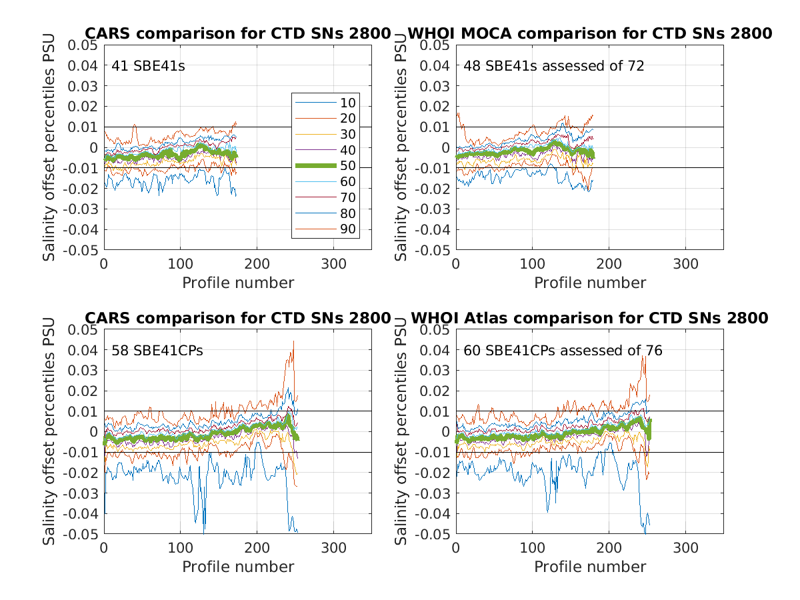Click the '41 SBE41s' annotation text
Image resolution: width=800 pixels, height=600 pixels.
tap(147, 66)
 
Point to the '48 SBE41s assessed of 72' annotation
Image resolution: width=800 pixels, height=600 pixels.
tap(554, 66)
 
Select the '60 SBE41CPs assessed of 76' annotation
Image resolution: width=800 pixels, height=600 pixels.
tap(563, 351)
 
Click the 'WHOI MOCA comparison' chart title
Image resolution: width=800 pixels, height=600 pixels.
tap(589, 33)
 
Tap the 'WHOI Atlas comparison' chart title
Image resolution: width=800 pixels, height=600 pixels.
tap(589, 318)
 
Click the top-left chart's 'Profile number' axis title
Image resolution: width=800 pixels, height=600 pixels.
tap(238, 283)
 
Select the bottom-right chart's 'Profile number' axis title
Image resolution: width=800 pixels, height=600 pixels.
tap(590, 567)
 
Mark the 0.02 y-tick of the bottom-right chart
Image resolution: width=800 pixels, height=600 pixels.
tap(435, 391)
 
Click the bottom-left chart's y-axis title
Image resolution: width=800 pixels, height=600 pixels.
tap(50, 431)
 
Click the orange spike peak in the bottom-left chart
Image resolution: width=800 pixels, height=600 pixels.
tap(293, 341)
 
